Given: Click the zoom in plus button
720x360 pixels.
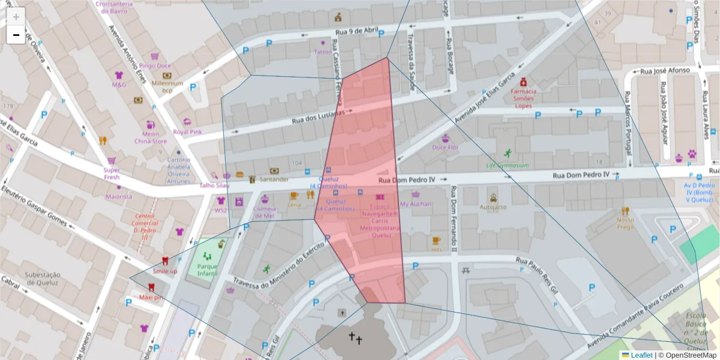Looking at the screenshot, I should pyautogui.click(x=16, y=17).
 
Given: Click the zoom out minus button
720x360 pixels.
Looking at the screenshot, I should pyautogui.click(x=16, y=35).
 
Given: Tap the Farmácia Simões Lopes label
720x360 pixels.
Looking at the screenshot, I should pyautogui.click(x=523, y=98).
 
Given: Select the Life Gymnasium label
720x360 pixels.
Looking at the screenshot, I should pyautogui.click(x=507, y=165).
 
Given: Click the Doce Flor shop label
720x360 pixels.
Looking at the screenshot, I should pyautogui.click(x=445, y=147).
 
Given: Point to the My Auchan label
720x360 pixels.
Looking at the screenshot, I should pyautogui.click(x=415, y=204).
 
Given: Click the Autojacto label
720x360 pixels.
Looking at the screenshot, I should pyautogui.click(x=493, y=207).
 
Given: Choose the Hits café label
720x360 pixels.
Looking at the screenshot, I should pyautogui.click(x=436, y=249).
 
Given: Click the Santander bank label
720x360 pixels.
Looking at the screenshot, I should pyautogui.click(x=275, y=179).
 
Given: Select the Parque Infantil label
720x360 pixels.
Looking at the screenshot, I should pyautogui.click(x=207, y=270).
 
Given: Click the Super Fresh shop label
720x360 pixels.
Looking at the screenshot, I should pyautogui.click(x=111, y=173).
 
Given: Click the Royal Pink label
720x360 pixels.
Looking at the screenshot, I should pyautogui.click(x=187, y=132).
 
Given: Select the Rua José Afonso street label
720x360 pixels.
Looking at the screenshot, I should pyautogui.click(x=665, y=71).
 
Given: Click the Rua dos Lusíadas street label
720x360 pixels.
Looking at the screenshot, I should pyautogui.click(x=318, y=116).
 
